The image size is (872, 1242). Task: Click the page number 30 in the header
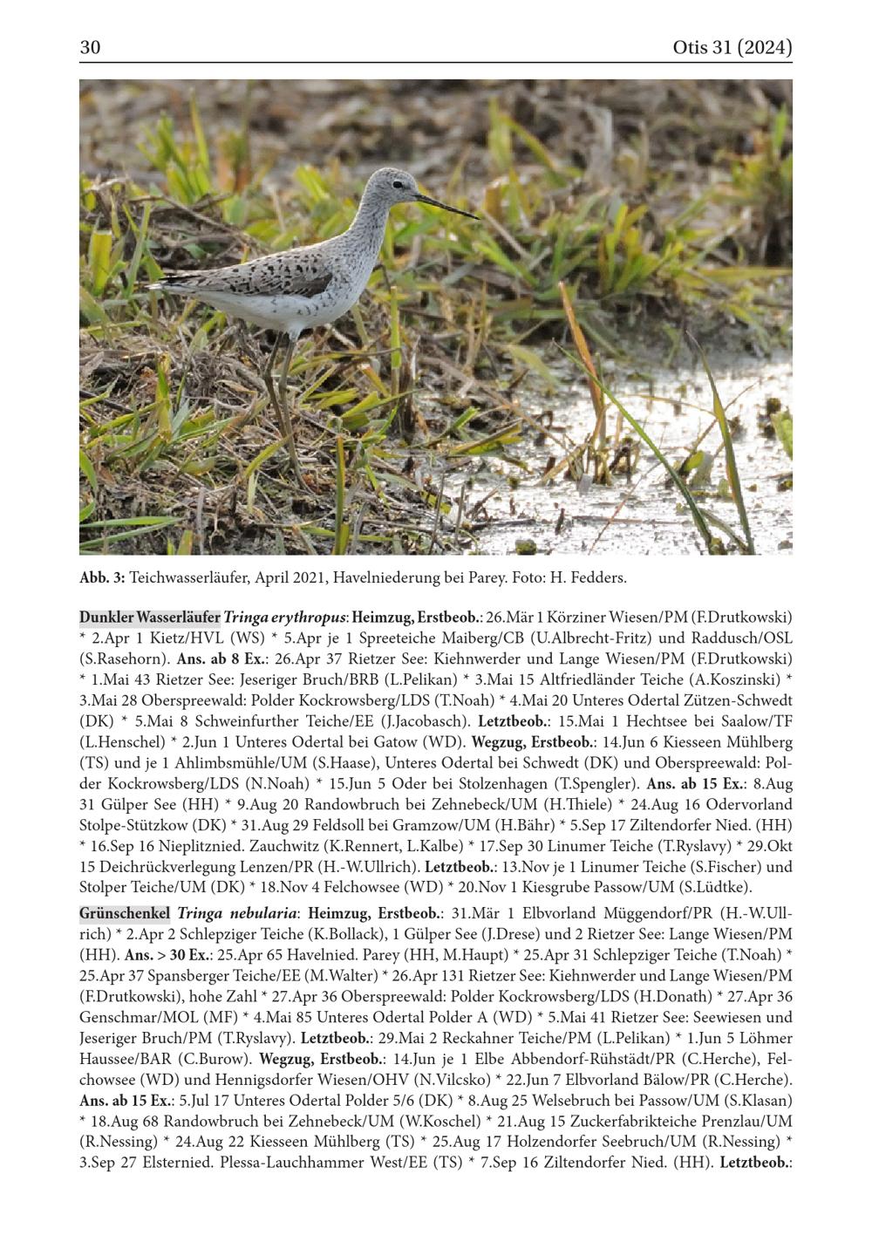point(91,48)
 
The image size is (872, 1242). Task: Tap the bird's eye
point(397,184)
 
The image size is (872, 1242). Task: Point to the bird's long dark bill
point(447,206)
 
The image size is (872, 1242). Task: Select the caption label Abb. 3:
point(103,577)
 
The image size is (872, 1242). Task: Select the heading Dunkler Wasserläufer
point(150,617)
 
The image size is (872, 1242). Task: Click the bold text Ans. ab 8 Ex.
point(215,659)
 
